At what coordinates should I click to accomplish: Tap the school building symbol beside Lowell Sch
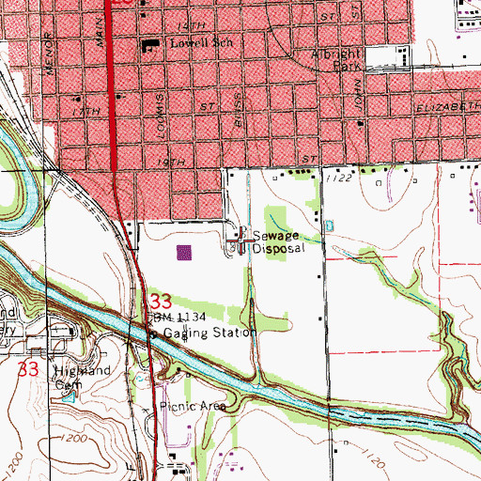(x=149, y=44)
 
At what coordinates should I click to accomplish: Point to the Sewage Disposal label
(x=279, y=243)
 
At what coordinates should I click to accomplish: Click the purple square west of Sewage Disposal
(x=184, y=252)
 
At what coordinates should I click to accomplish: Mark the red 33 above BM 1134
(x=161, y=303)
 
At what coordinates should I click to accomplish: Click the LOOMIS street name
(x=163, y=107)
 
